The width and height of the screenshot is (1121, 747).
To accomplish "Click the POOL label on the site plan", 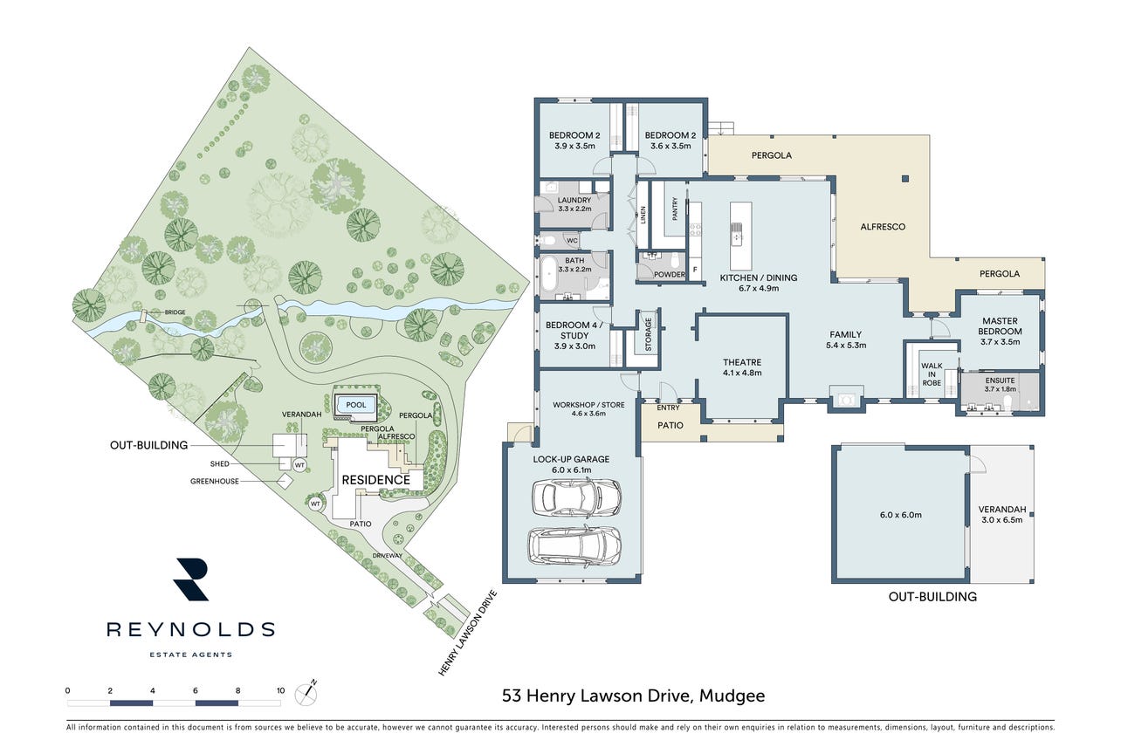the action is pyautogui.click(x=356, y=405).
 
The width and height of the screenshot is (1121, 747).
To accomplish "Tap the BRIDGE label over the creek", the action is pyautogui.click(x=175, y=312).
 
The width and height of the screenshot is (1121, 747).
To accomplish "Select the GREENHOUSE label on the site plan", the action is pyautogui.click(x=214, y=482).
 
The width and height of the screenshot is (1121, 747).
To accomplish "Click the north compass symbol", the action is pyautogui.click(x=306, y=694).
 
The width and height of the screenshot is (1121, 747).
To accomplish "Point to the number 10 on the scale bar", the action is pyautogui.click(x=280, y=690).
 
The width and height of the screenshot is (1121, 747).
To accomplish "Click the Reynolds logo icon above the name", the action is pyautogui.click(x=190, y=579).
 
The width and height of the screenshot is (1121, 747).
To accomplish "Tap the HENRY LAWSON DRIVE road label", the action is pyautogui.click(x=468, y=633).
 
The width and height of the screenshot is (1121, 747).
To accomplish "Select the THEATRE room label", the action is pyautogui.click(x=742, y=362).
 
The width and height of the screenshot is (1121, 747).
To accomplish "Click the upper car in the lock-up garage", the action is pyautogui.click(x=576, y=497).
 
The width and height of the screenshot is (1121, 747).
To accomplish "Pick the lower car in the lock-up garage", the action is pyautogui.click(x=574, y=546).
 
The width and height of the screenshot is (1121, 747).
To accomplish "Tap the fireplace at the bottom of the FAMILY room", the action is pyautogui.click(x=846, y=399).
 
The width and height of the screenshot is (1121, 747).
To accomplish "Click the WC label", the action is pyautogui.click(x=572, y=241).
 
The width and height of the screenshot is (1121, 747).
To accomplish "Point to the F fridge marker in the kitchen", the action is pyautogui.click(x=695, y=271).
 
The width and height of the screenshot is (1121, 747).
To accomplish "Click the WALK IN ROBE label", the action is pyautogui.click(x=932, y=374).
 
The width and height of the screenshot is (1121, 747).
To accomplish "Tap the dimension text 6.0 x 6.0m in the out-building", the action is pyautogui.click(x=900, y=514).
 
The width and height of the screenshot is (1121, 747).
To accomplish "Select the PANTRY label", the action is pyautogui.click(x=675, y=209).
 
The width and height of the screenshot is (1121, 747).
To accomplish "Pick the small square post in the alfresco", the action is pyautogui.click(x=905, y=179).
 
